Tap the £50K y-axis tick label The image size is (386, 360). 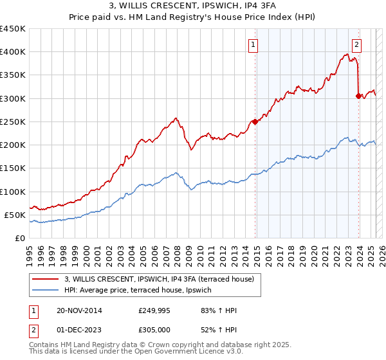click(x=15, y=215)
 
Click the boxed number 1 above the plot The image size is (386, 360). click(x=254, y=45)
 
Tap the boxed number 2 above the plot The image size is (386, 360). click(x=356, y=45)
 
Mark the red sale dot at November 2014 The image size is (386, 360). click(x=255, y=122)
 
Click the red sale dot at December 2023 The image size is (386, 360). click(x=358, y=96)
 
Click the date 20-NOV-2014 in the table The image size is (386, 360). click(x=75, y=310)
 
